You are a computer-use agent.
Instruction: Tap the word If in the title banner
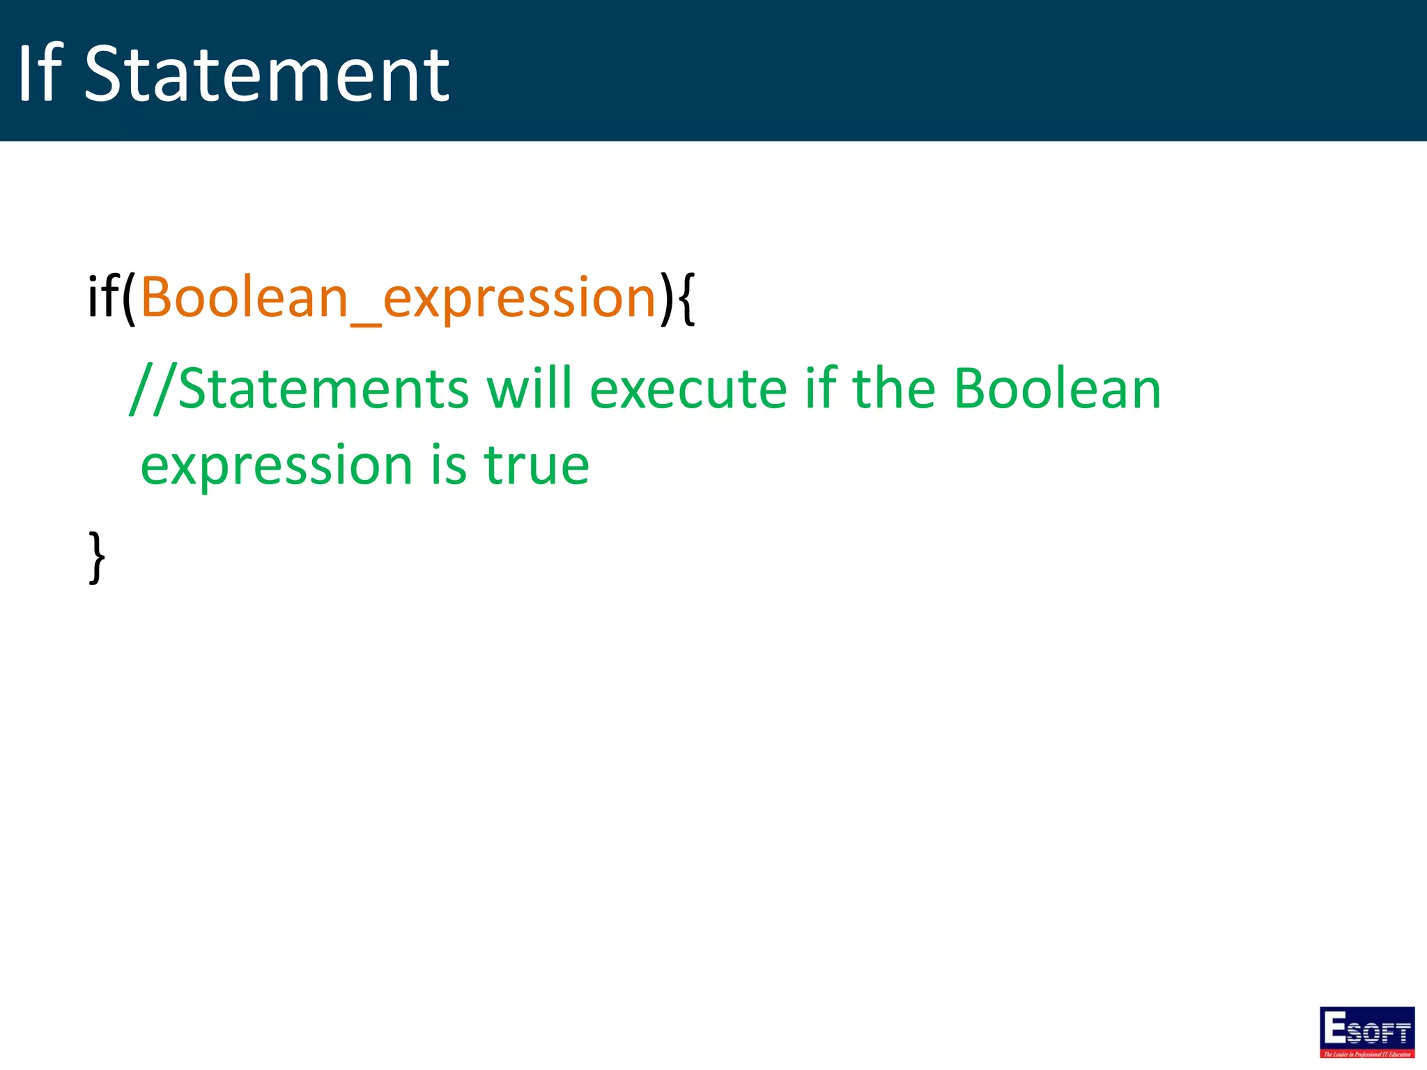point(40,74)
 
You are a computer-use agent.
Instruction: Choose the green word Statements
point(324,389)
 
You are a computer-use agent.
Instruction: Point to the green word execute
point(688,389)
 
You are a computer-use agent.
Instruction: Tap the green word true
point(537,465)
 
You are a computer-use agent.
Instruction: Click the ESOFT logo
point(1366,1032)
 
